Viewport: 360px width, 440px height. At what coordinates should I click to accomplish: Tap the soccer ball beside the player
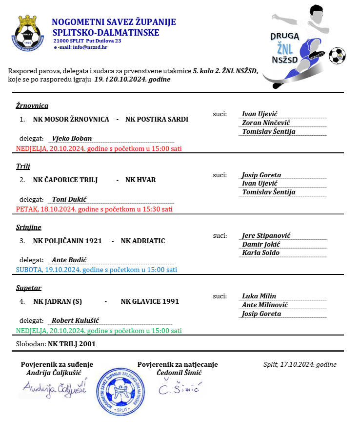click(337, 56)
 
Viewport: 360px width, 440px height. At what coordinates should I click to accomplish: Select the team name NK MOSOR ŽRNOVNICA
click(71, 119)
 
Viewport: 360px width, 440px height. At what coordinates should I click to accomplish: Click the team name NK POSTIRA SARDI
click(157, 119)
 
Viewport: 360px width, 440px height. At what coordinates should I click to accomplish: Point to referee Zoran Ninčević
click(266, 123)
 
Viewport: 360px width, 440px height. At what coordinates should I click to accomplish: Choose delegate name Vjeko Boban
click(72, 138)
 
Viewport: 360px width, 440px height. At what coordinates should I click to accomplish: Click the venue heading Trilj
click(23, 166)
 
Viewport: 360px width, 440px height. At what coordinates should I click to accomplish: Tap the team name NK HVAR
click(140, 180)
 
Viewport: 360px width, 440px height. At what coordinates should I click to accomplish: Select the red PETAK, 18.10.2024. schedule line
click(94, 209)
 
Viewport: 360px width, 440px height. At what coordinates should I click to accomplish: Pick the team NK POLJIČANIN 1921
click(67, 241)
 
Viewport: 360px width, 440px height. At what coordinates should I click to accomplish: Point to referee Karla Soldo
click(260, 252)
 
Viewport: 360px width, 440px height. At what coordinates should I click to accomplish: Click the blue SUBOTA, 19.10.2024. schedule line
click(96, 270)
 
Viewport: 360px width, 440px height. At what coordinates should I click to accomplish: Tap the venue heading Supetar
click(29, 288)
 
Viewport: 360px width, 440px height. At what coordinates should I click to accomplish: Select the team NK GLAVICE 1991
click(150, 301)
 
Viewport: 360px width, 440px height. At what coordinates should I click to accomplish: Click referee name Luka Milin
click(259, 296)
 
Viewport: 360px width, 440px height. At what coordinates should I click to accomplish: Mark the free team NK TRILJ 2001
click(72, 343)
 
